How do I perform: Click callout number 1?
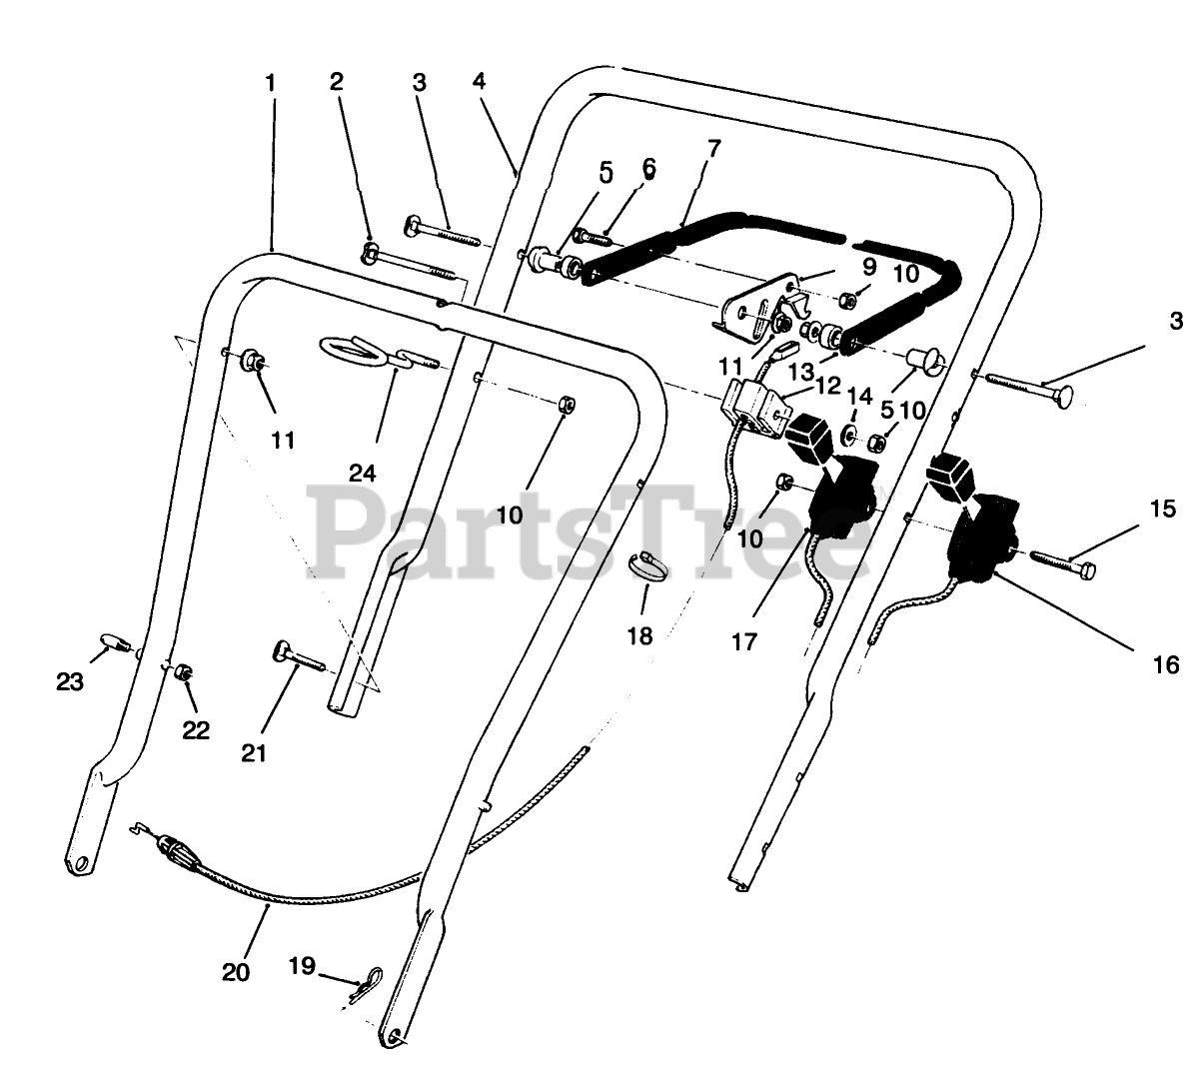point(270,83)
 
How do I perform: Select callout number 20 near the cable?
point(236,970)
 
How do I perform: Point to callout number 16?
point(1165,663)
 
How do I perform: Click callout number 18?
point(639,634)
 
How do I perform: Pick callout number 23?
point(69,681)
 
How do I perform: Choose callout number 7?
point(712,149)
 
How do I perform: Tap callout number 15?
point(1163,509)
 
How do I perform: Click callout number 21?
point(255,752)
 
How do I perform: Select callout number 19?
point(302,966)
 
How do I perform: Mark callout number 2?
point(336,83)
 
